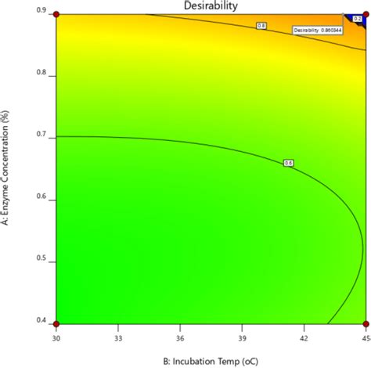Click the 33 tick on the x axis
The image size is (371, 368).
[117, 334]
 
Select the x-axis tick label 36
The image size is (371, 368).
[179, 334]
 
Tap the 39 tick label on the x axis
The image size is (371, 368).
[241, 334]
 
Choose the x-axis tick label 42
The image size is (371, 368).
[303, 334]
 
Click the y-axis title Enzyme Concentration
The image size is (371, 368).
[6, 168]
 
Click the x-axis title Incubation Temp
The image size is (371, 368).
[210, 359]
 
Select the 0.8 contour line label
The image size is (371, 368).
[261, 26]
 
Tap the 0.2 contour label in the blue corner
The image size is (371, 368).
[357, 17]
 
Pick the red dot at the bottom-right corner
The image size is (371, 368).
[365, 323]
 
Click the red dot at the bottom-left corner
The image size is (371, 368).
[56, 323]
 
